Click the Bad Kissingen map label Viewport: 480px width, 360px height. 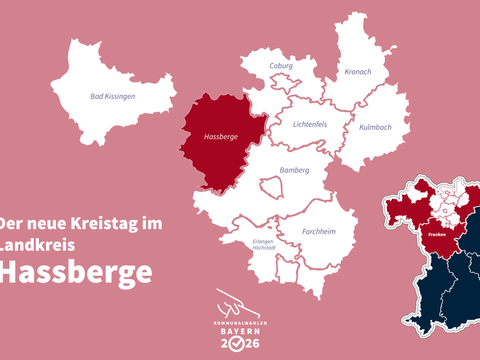[113, 96]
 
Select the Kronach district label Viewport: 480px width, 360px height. [358, 72]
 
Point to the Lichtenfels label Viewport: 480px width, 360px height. [309, 125]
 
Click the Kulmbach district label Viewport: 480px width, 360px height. [375, 127]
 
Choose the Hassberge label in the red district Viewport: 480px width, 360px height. [221, 137]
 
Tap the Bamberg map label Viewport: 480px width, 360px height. [295, 170]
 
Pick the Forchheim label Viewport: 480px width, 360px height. [319, 232]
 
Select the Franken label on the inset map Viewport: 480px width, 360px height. [437, 235]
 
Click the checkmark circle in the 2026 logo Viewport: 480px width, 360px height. [239, 344]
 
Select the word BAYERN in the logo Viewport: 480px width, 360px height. [239, 331]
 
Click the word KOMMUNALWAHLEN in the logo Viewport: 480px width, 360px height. [239, 323]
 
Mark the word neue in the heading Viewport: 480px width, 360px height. [48, 224]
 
